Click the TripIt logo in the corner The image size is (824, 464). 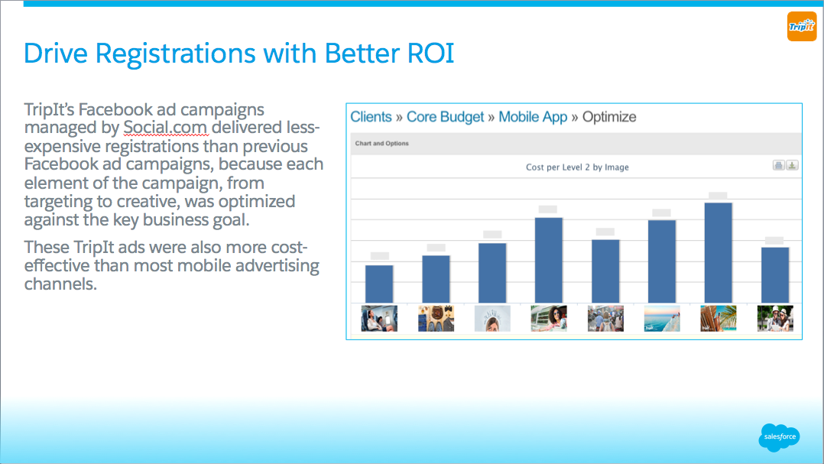[x=801, y=26]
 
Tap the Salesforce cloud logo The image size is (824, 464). [x=780, y=437]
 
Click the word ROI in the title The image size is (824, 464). [x=430, y=53]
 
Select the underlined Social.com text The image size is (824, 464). [x=165, y=127]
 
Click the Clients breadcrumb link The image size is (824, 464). [x=371, y=117]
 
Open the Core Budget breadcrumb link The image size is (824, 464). [x=445, y=117]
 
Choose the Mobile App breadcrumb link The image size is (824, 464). [x=533, y=117]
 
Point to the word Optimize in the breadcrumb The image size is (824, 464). [x=609, y=117]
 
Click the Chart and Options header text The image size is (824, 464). [x=382, y=144]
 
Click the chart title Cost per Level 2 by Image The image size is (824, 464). [x=577, y=167]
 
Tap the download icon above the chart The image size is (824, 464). [x=792, y=166]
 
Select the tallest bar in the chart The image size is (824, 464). [x=719, y=253]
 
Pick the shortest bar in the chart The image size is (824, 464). [x=379, y=284]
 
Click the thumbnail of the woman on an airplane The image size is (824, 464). [x=379, y=319]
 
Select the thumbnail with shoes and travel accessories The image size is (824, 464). [x=436, y=319]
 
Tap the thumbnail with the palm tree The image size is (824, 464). [x=719, y=319]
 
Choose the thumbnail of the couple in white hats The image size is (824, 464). [x=775, y=319]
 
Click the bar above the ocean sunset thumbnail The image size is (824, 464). [x=662, y=261]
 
